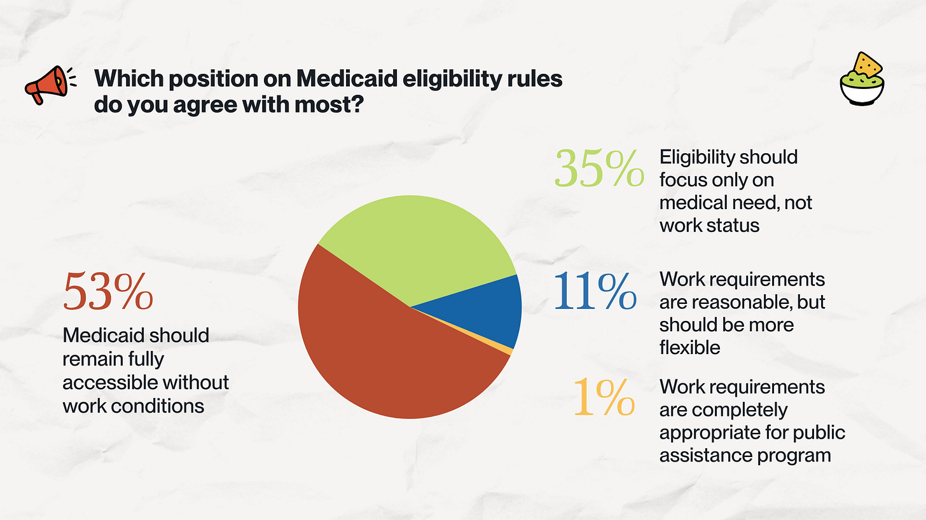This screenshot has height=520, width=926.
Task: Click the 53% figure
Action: pyautogui.click(x=107, y=292)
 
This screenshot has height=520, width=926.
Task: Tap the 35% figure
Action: pyautogui.click(x=598, y=168)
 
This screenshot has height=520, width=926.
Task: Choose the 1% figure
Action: pyautogui.click(x=604, y=397)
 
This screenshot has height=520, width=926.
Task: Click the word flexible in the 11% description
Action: pyautogui.click(x=689, y=348)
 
